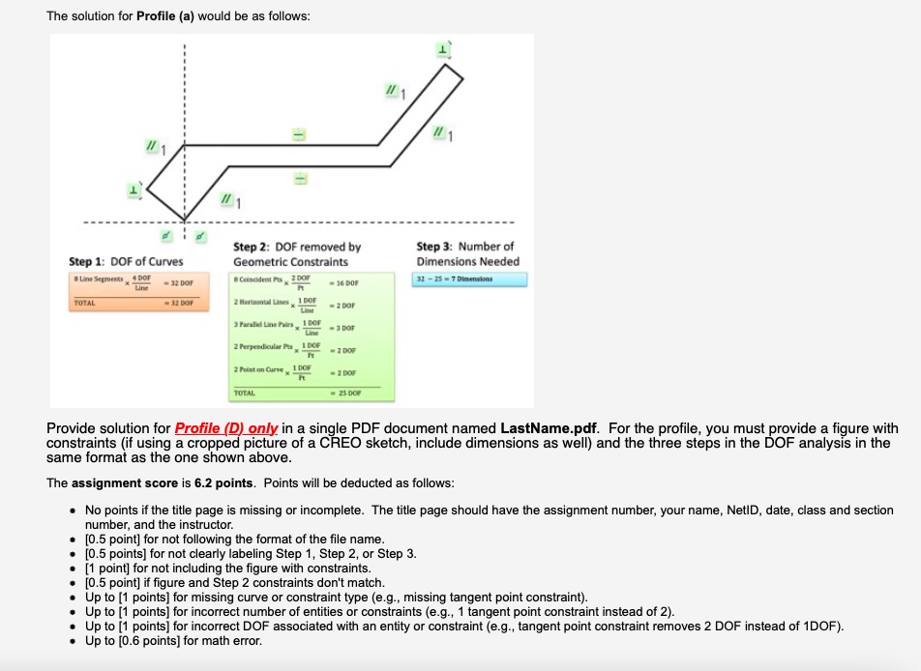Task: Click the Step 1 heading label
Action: click(x=125, y=261)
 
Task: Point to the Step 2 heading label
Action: click(x=297, y=253)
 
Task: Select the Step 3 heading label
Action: click(x=467, y=253)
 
